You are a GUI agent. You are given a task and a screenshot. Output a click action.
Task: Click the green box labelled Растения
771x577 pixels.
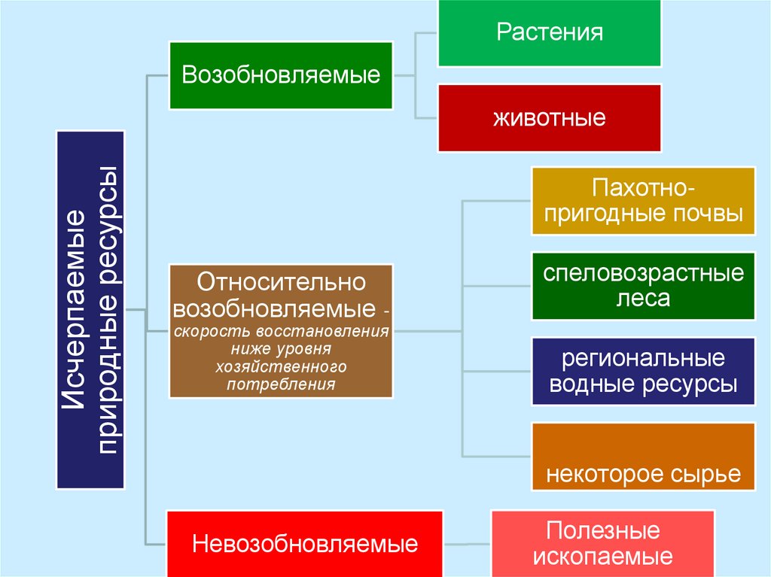click(550, 33)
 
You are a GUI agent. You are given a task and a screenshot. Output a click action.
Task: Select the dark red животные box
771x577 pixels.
click(550, 118)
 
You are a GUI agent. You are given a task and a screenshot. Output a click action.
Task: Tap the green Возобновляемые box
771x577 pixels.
click(281, 75)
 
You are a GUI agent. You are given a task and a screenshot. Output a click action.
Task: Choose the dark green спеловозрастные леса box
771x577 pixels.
click(643, 286)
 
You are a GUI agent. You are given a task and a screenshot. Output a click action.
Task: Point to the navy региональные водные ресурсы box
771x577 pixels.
click(643, 371)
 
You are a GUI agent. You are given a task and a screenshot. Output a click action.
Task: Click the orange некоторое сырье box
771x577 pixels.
click(643, 457)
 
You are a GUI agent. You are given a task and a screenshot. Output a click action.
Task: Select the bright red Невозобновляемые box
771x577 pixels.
click(305, 543)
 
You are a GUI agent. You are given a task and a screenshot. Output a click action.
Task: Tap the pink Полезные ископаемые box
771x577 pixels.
click(602, 543)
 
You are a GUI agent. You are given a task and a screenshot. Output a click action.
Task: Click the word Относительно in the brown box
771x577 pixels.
click(281, 284)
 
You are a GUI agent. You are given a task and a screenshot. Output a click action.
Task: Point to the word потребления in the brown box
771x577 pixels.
click(281, 384)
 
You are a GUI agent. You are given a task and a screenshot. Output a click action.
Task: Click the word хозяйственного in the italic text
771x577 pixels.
click(281, 367)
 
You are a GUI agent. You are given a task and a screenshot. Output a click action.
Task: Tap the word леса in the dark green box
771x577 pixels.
click(643, 299)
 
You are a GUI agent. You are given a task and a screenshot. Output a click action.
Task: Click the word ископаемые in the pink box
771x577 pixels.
click(602, 557)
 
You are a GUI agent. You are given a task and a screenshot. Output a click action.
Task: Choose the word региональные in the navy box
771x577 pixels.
click(643, 357)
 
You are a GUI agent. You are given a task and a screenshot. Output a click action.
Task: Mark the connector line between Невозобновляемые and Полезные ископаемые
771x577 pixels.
click(467, 543)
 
